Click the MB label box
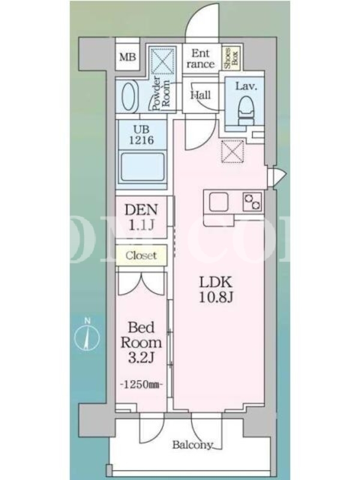(x=128, y=57)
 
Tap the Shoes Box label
(x=231, y=58)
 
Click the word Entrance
(x=200, y=58)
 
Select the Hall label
(x=200, y=95)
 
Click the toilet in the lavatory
(x=246, y=111)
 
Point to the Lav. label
(x=246, y=86)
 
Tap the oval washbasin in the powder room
(x=128, y=96)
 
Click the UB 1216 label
(x=141, y=136)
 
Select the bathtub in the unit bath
(x=142, y=167)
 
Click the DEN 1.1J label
(x=141, y=217)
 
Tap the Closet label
(x=141, y=256)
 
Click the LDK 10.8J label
(x=216, y=289)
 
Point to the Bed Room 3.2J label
(x=141, y=342)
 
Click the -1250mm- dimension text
(x=141, y=384)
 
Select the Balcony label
(x=192, y=445)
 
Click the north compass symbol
(x=87, y=336)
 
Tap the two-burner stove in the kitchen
(x=253, y=202)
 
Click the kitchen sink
(x=218, y=202)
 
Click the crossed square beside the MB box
(x=163, y=59)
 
